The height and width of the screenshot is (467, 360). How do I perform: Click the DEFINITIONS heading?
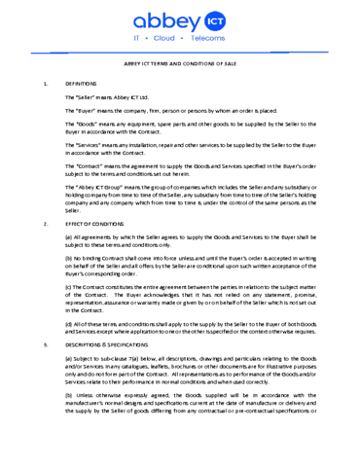82,85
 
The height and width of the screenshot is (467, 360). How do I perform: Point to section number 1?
46,85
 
